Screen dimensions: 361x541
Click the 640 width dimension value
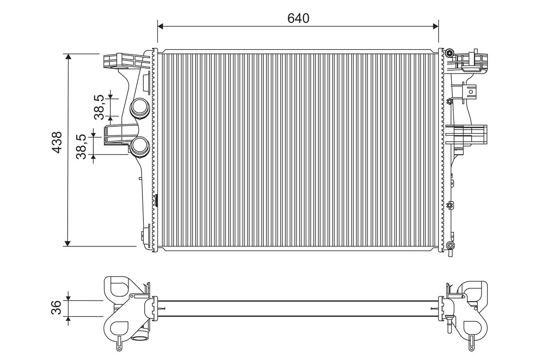click(x=298, y=19)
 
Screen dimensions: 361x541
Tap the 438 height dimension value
click(x=57, y=143)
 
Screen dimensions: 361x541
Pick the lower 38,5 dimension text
click(x=82, y=146)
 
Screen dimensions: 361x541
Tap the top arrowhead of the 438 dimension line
click(x=68, y=57)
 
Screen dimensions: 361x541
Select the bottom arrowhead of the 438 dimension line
click(x=68, y=243)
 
